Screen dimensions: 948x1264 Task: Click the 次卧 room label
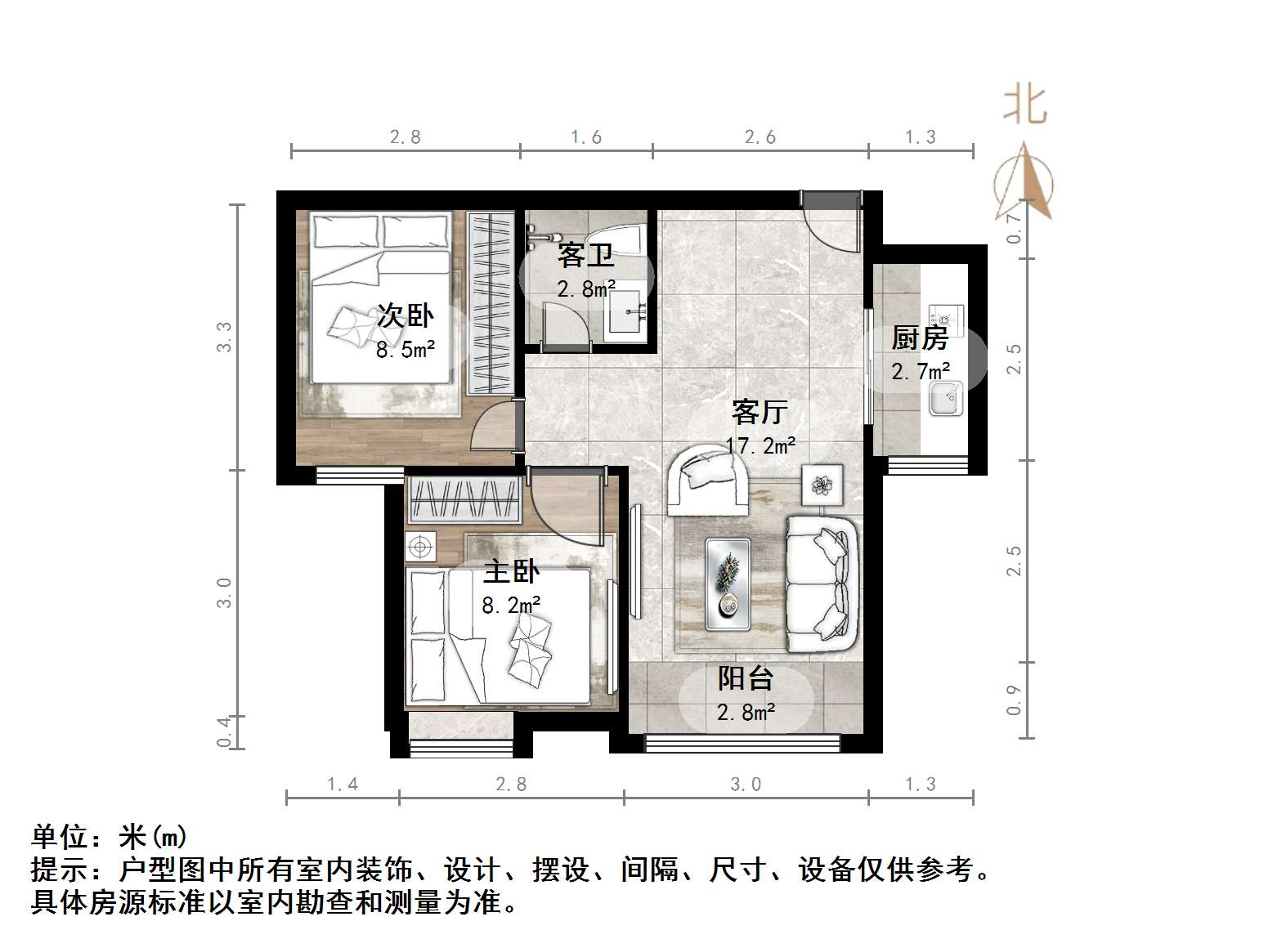pyautogui.click(x=406, y=316)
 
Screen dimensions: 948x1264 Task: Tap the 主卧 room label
pyautogui.click(x=511, y=571)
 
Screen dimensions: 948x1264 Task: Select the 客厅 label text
pyautogui.click(x=760, y=412)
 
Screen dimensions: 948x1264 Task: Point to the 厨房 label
pyautogui.click(x=920, y=338)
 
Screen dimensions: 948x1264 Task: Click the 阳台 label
pyautogui.click(x=746, y=678)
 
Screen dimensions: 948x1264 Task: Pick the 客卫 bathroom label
pyautogui.click(x=585, y=256)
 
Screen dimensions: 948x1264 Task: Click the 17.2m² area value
pyautogui.click(x=760, y=446)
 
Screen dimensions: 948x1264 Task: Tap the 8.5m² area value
pyautogui.click(x=406, y=351)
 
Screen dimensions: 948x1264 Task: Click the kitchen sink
pyautogui.click(x=946, y=398)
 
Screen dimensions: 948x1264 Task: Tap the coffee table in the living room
pyautogui.click(x=728, y=584)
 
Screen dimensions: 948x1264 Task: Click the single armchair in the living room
pyautogui.click(x=708, y=479)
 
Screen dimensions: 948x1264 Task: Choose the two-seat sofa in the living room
pyautogui.click(x=822, y=584)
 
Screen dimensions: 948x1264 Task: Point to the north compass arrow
pyautogui.click(x=1024, y=183)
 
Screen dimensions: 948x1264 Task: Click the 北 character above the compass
pyautogui.click(x=1025, y=105)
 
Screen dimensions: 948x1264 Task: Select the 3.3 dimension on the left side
pyautogui.click(x=224, y=337)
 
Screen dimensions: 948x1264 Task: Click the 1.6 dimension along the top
pyautogui.click(x=586, y=136)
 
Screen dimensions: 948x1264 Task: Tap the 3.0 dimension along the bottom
pyautogui.click(x=746, y=785)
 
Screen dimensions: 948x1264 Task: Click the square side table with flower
pyautogui.click(x=822, y=485)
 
